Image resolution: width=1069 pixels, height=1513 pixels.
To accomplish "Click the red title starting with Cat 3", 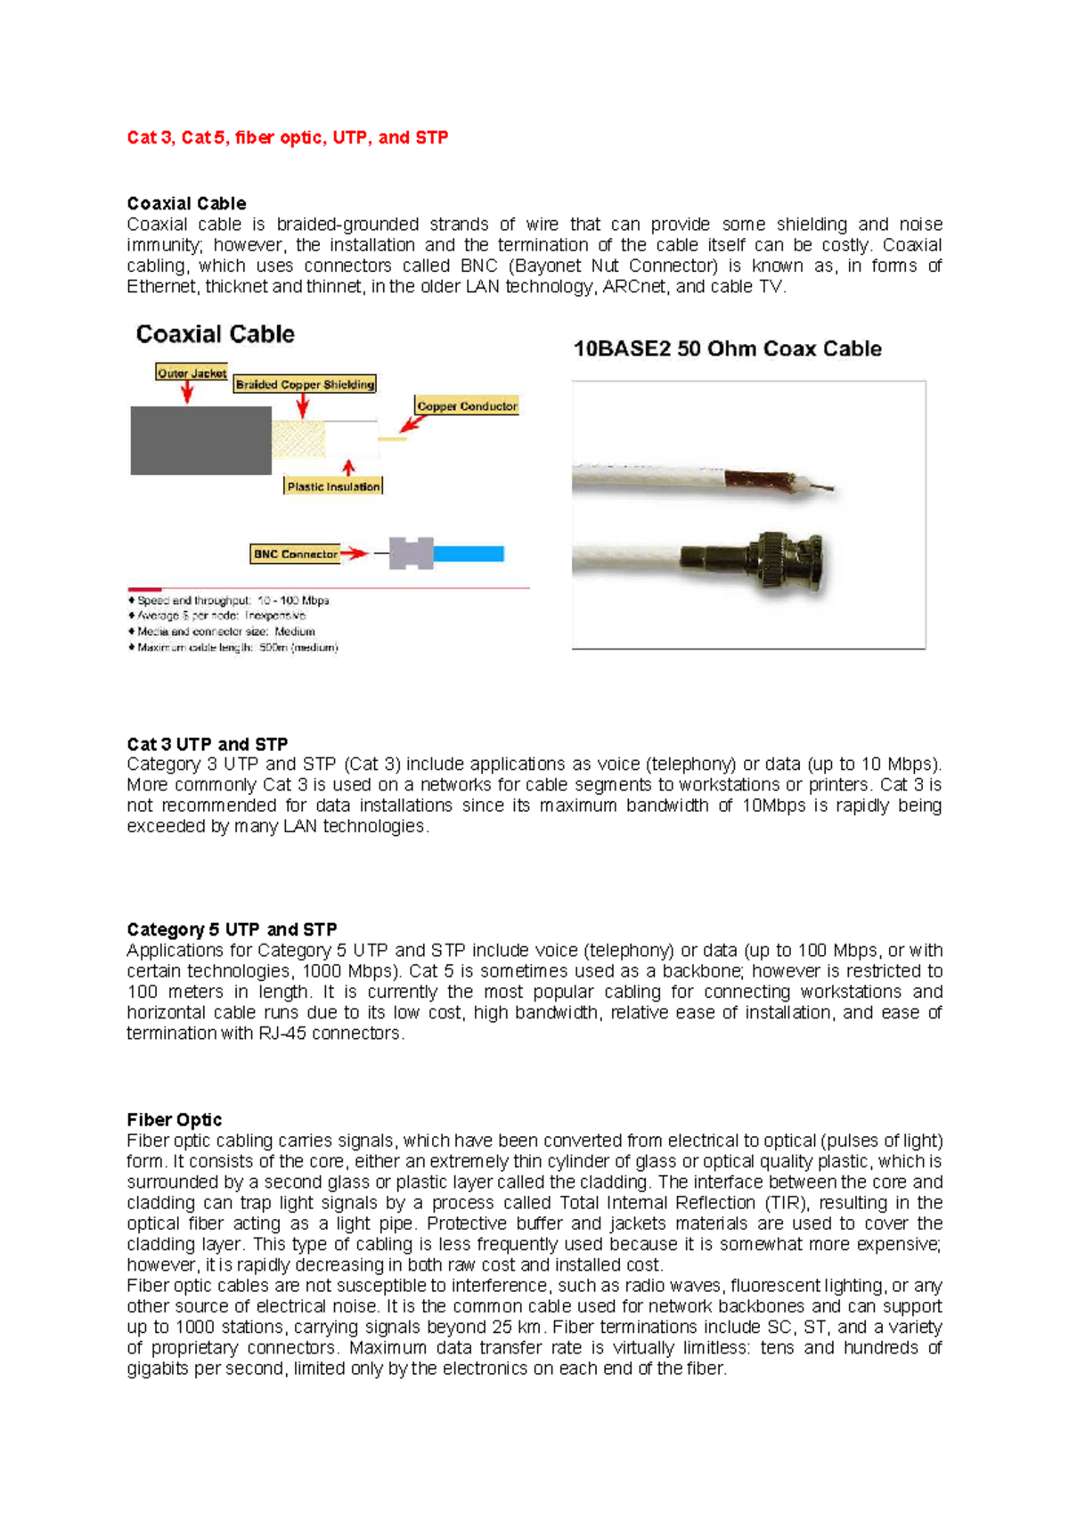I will tap(287, 138).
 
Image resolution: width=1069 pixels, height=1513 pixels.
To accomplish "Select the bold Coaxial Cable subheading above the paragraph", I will tap(186, 203).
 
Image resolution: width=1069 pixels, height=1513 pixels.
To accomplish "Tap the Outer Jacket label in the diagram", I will tap(192, 373).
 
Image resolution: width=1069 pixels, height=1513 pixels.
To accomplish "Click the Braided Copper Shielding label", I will tap(305, 385).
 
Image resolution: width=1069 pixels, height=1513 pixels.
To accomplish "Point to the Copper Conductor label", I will tap(467, 406).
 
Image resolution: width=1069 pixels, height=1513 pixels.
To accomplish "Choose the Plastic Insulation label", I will tap(333, 487).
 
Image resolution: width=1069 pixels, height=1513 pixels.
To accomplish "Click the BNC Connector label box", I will tap(295, 554).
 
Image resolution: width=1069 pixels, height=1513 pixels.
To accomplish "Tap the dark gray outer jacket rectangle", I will tap(200, 440).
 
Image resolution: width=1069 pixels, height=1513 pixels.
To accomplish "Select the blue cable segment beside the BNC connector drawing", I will tap(469, 554).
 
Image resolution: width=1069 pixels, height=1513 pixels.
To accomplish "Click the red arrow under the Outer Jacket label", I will tap(187, 393).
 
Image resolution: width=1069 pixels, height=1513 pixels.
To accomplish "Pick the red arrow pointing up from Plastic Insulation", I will tap(348, 469).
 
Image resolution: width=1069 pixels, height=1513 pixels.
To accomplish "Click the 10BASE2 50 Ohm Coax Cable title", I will tap(727, 349).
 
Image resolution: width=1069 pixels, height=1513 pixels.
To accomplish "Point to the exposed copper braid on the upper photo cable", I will tap(757, 482).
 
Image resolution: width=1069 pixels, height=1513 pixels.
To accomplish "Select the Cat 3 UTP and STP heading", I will tap(207, 744).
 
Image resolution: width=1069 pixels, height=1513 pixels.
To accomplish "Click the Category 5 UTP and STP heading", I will tap(232, 929).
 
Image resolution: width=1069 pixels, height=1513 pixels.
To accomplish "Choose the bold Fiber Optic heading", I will tap(174, 1120).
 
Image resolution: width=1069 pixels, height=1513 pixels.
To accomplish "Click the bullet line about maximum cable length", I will tap(237, 648).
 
